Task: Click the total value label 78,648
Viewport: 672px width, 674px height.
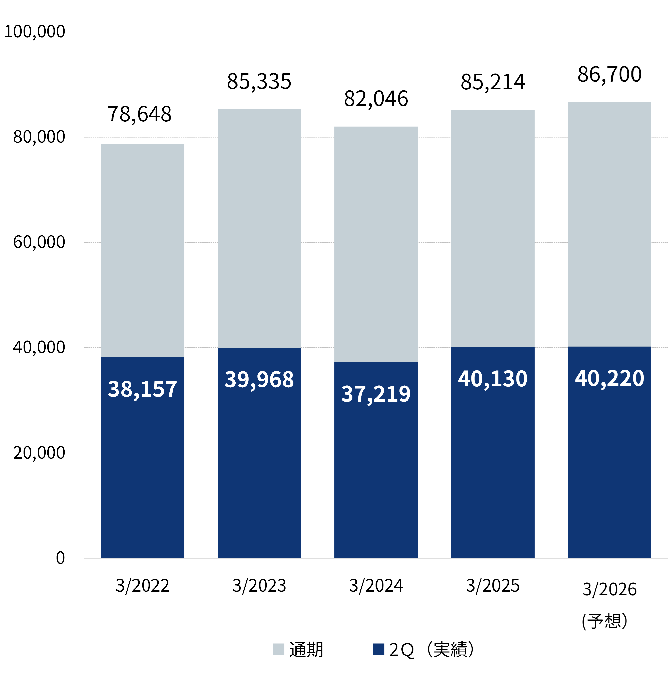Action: point(139,114)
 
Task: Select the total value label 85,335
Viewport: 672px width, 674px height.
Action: point(259,82)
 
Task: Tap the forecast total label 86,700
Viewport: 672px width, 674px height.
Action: point(609,74)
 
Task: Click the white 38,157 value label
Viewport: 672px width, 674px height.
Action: point(143,389)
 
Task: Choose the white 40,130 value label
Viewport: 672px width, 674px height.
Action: point(492,379)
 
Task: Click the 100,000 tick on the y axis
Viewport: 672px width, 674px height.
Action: point(34,32)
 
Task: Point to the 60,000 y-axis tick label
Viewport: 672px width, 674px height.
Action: point(39,242)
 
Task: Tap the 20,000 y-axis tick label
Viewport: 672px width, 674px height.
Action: point(39,453)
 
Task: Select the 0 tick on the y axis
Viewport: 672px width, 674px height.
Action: point(61,558)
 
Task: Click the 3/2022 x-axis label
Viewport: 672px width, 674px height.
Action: point(143,586)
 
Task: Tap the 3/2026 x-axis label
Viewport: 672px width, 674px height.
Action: point(609,589)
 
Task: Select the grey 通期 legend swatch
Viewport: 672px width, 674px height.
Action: point(278,649)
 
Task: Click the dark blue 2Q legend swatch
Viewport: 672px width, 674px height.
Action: point(379,649)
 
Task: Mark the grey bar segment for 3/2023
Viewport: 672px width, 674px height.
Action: point(259,228)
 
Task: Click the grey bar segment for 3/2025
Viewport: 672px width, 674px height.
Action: point(492,228)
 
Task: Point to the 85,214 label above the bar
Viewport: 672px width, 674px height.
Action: point(492,82)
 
